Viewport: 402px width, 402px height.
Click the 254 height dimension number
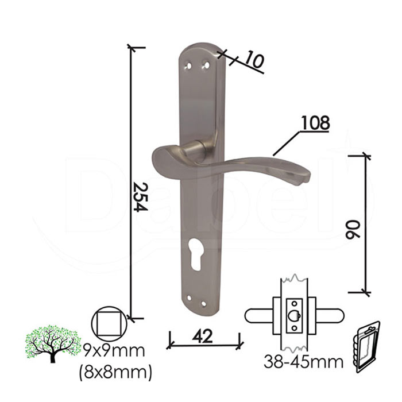pyautogui.click(x=141, y=197)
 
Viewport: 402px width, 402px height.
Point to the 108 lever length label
pyautogui.click(x=315, y=123)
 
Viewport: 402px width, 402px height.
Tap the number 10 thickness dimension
pyautogui.click(x=254, y=61)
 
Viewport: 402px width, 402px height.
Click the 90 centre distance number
pyautogui.click(x=353, y=230)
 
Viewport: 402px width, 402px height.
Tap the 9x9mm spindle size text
pyautogui.click(x=114, y=351)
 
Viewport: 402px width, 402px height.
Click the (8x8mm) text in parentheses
pyautogui.click(x=115, y=372)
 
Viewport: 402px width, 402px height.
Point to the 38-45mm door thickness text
pyautogui.click(x=303, y=362)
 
